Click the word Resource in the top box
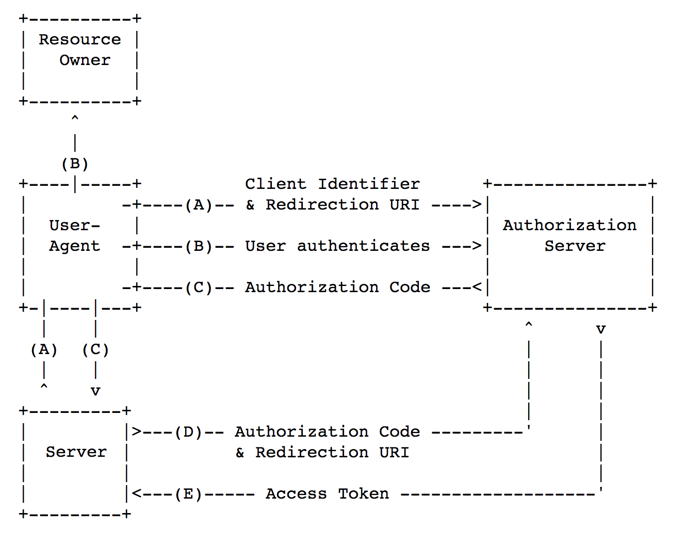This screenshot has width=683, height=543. tap(79, 40)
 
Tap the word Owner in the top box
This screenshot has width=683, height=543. tap(85, 60)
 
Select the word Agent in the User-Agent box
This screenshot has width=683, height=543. tap(74, 246)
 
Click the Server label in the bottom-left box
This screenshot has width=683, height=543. tap(76, 452)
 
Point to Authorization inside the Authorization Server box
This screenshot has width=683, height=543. tap(570, 226)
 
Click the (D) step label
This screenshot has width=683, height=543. tap(188, 432)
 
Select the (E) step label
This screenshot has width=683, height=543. tap(188, 494)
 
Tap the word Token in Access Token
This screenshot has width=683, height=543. tap(363, 494)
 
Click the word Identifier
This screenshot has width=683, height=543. tap(368, 184)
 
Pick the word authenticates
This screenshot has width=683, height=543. tap(363, 246)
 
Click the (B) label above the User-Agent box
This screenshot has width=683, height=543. tap(75, 164)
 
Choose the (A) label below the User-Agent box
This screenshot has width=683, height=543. tap(44, 350)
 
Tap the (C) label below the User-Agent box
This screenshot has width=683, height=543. tap(95, 350)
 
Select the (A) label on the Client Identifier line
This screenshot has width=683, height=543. tap(199, 205)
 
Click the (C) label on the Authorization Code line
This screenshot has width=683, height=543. tap(199, 288)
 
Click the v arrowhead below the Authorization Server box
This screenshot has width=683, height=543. tap(600, 329)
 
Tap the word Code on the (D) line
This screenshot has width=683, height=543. tap(399, 432)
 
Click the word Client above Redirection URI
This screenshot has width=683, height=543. tap(275, 184)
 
